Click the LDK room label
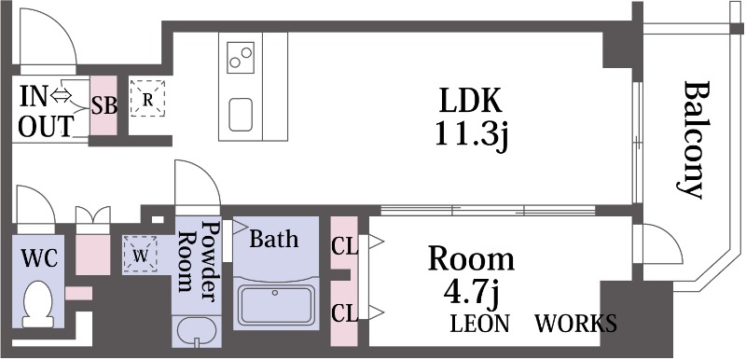click(x=470, y=101)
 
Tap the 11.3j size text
click(x=471, y=135)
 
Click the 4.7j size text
click(x=471, y=296)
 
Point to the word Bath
click(x=273, y=239)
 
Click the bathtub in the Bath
click(x=276, y=305)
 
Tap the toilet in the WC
click(x=38, y=304)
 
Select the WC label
click(x=39, y=259)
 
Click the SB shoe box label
click(x=104, y=106)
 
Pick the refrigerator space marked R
click(x=147, y=99)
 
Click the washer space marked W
click(x=140, y=255)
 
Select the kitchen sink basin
click(x=241, y=115)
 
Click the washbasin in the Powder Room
click(x=196, y=331)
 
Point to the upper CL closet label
click(x=344, y=248)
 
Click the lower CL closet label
click(x=344, y=313)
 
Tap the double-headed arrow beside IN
click(x=61, y=95)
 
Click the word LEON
click(x=480, y=324)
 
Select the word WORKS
click(x=575, y=324)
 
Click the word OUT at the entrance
click(x=46, y=127)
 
